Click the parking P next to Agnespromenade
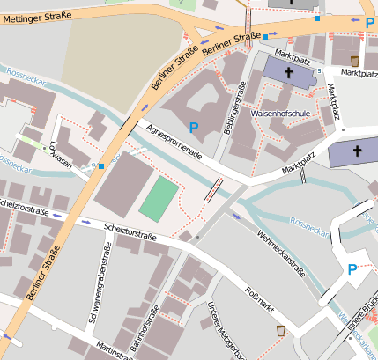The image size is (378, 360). point(194,129)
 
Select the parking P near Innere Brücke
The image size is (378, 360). point(352,269)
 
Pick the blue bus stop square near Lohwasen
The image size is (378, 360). point(102,165)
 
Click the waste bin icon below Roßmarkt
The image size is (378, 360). point(280,331)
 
